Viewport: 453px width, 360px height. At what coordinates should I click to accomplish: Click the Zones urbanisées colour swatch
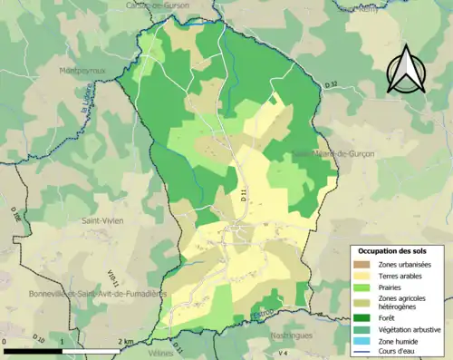coord(363,263)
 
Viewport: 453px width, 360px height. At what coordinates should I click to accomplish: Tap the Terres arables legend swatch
coord(363,275)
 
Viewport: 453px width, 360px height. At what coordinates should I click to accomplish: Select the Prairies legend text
coord(390,287)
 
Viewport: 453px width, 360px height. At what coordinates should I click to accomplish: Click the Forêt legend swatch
coord(363,317)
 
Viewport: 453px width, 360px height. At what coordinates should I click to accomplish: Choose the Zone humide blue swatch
coord(363,340)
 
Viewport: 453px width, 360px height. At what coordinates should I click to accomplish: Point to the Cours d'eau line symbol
coord(363,351)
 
